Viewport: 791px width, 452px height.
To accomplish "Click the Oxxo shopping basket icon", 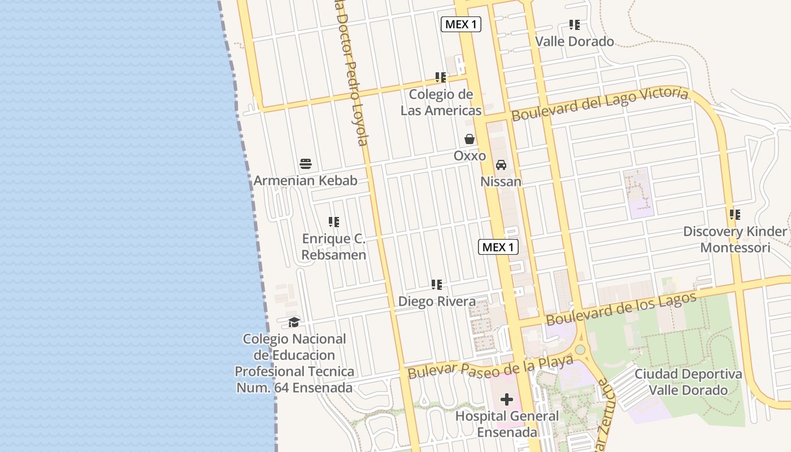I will click(x=470, y=138).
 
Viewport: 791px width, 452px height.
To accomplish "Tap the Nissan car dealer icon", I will click(x=501, y=165).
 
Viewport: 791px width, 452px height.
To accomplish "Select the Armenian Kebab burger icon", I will click(x=306, y=164).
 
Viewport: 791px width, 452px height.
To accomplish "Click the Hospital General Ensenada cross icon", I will click(x=507, y=399).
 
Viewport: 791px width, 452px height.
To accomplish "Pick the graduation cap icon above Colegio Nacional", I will click(x=294, y=323).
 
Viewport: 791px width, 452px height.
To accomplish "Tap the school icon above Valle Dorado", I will click(x=575, y=25).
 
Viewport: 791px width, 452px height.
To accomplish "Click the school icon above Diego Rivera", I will click(x=437, y=285).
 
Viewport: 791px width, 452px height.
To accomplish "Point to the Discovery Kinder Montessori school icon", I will click(x=735, y=215).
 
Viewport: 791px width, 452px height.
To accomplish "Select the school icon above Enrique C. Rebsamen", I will click(x=334, y=222).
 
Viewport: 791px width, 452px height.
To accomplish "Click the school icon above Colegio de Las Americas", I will click(x=441, y=77).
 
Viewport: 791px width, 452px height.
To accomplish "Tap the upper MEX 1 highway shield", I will click(x=461, y=24).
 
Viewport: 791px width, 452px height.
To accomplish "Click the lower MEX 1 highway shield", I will click(x=498, y=247).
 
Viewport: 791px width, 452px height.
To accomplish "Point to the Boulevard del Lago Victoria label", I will click(x=600, y=104).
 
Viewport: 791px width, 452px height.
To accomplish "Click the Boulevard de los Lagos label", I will click(x=621, y=309).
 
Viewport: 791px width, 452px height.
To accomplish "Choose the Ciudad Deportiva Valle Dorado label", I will click(x=688, y=382).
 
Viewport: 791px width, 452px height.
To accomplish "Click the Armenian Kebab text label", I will click(x=306, y=181).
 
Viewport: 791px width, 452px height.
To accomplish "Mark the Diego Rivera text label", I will click(x=437, y=301).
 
